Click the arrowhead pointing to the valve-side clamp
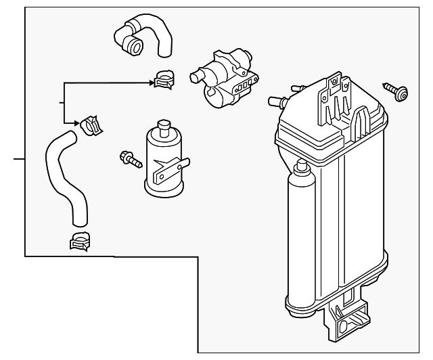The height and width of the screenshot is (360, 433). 152,83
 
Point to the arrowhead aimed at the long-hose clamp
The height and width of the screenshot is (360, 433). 78,123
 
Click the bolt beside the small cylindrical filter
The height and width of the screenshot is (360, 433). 130,160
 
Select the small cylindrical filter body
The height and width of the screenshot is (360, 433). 162,162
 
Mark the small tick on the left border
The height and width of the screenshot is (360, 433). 19,159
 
